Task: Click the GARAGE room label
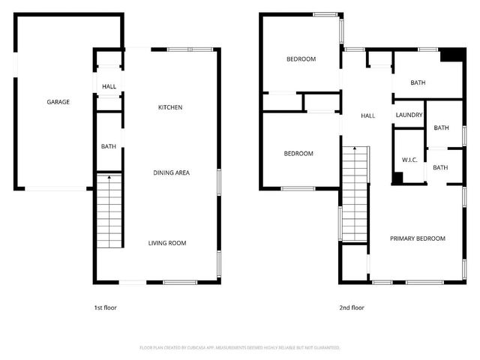(58, 102)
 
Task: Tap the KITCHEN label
(170, 107)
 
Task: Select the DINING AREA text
(172, 172)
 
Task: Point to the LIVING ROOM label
(166, 242)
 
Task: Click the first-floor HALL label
(109, 86)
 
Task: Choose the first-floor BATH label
(109, 145)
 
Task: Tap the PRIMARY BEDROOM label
(418, 238)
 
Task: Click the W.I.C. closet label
(409, 160)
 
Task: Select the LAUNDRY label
(409, 115)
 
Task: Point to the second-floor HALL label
(368, 115)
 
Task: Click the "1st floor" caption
(105, 307)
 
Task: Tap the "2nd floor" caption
(352, 307)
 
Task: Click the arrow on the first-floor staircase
(109, 178)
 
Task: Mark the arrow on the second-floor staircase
(356, 151)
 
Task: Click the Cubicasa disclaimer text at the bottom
(240, 348)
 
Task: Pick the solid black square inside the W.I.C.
(397, 178)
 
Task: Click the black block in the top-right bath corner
(451, 55)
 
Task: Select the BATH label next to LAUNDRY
(441, 127)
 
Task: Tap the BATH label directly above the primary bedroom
(440, 167)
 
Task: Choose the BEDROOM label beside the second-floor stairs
(298, 153)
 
